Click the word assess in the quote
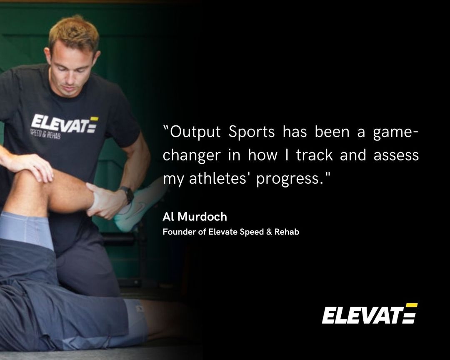tap(395, 155)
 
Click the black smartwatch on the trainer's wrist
tap(126, 195)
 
